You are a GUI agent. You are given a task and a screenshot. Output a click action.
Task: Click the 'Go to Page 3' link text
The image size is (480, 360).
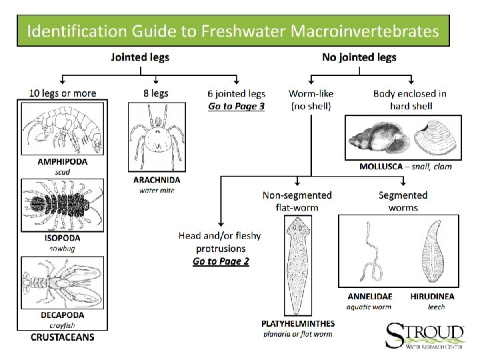(236, 105)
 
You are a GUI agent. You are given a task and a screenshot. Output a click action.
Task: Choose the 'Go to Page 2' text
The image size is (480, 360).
(221, 261)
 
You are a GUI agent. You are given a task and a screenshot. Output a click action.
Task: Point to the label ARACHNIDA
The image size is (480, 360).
(157, 179)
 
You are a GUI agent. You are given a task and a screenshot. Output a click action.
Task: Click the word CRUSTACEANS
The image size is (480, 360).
(62, 337)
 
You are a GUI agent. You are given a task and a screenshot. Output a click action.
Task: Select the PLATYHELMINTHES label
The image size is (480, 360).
(298, 323)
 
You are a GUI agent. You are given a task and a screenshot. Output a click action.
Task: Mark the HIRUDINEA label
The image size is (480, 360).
(433, 295)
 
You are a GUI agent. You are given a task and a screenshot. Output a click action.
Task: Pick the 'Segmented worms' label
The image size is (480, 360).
(403, 201)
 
